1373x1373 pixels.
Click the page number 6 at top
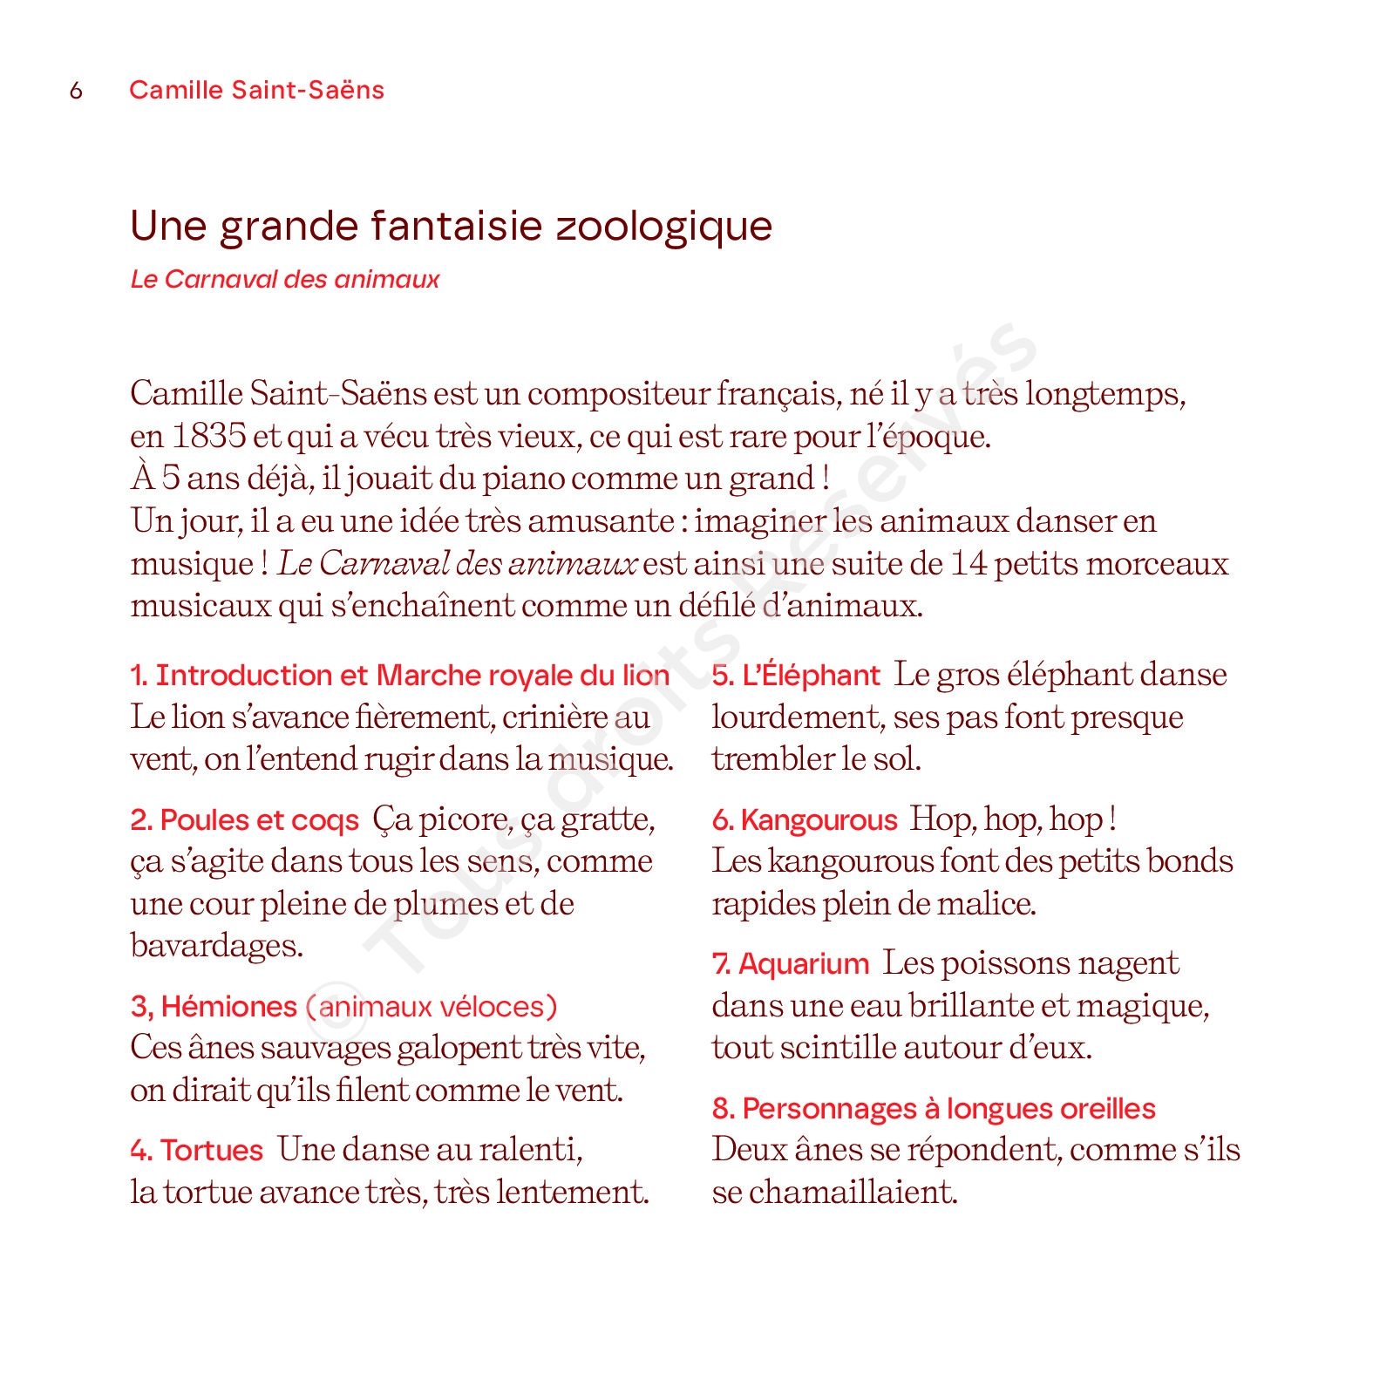coord(76,91)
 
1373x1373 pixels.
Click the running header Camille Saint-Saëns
coord(256,90)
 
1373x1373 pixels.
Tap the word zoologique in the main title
coord(663,227)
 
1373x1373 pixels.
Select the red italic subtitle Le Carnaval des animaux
coord(285,279)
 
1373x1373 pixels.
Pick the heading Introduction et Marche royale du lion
coord(400,676)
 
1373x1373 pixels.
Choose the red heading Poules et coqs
coord(245,820)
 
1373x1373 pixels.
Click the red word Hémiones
coord(229,1007)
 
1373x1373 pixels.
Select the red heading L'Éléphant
coord(796,676)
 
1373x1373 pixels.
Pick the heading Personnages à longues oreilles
coord(934,1109)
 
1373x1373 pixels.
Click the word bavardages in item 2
coord(216,946)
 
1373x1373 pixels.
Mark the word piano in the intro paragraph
coord(523,479)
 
